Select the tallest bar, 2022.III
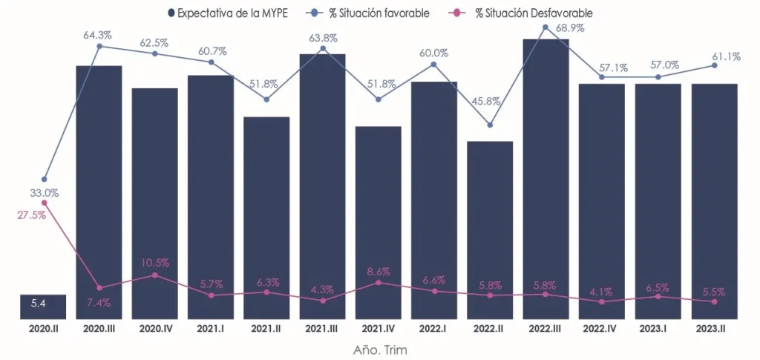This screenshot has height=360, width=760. [546, 178]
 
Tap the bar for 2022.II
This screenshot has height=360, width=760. [490, 230]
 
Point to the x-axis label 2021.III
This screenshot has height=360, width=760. [322, 328]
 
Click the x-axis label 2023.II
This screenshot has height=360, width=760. [714, 328]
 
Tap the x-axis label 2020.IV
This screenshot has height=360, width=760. [154, 328]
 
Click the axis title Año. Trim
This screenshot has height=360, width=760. [379, 347]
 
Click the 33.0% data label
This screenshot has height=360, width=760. [44, 193]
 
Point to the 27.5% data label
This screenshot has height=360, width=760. [30, 215]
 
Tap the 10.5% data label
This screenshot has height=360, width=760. [154, 262]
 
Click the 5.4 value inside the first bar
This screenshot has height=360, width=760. [39, 304]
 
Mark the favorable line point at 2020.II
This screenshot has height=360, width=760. [45, 180]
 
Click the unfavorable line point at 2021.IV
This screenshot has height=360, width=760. [379, 282]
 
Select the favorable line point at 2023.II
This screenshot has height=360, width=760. [714, 65]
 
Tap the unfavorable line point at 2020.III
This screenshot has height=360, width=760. [99, 288]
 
